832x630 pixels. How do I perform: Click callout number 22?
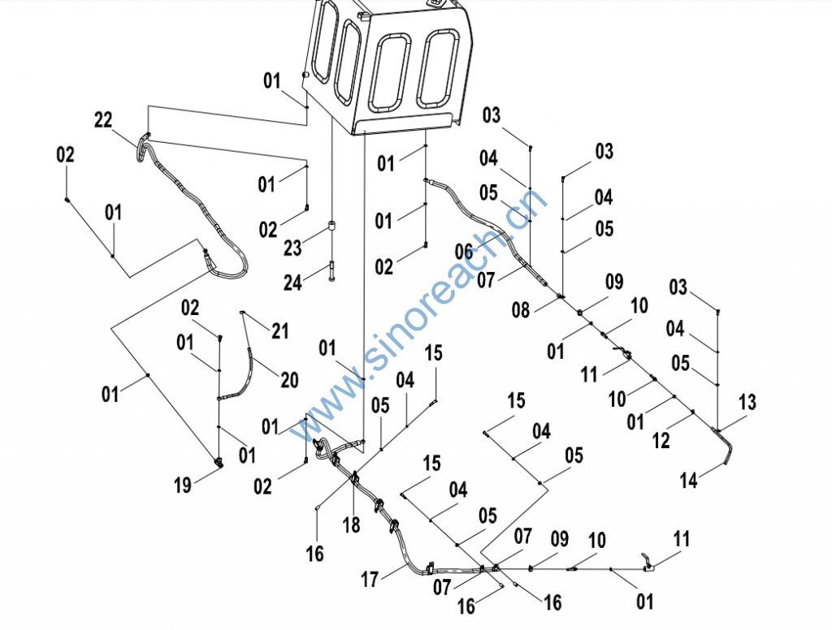coord(103,120)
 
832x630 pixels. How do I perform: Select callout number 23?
coord(293,245)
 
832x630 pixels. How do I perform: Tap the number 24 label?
coord(293,282)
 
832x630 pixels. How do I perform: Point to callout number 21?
coord(280,330)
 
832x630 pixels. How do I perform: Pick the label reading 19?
coord(183,485)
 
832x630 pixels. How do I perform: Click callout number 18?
coord(351,525)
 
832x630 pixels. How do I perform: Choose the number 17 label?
coord(370,580)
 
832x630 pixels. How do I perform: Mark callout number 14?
coord(689,480)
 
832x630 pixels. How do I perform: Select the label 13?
coord(747,402)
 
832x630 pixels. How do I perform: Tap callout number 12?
coord(661,440)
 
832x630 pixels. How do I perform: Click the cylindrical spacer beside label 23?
coord(332,227)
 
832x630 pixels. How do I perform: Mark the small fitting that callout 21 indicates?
coord(242,311)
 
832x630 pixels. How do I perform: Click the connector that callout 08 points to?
coord(561,296)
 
